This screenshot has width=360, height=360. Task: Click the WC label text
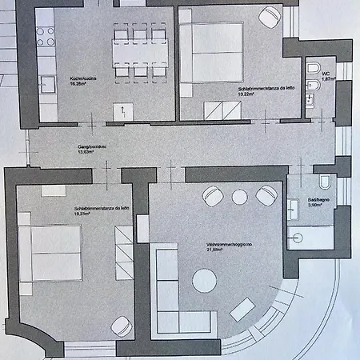click(326, 74)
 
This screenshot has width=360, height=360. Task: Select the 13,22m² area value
click(246, 94)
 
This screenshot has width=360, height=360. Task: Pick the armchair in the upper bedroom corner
click(270, 14)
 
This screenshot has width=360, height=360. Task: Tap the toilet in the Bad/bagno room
click(327, 182)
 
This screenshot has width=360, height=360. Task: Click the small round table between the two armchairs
click(239, 196)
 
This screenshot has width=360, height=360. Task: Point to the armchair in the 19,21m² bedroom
click(121, 326)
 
